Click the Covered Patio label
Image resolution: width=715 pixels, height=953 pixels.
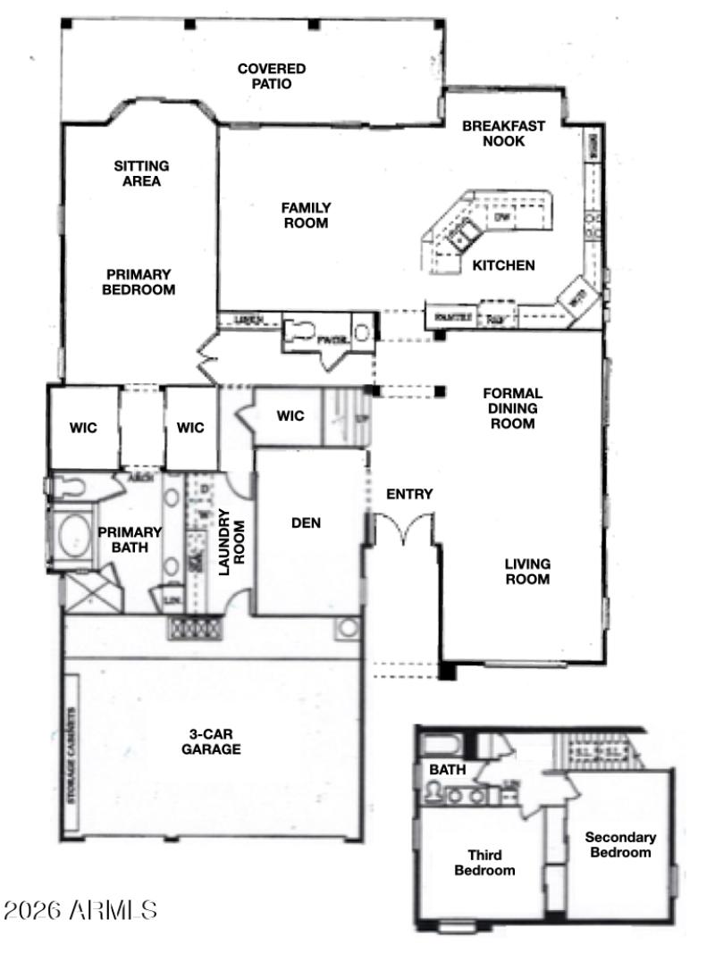271,76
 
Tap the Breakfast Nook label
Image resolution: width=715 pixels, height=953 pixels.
503,133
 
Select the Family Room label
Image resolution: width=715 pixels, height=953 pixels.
306,215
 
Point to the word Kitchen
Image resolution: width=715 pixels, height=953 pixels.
503,265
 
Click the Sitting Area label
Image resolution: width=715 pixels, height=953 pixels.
141,173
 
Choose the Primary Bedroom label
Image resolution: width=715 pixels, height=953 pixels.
139,282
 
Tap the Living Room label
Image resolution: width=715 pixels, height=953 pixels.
527,572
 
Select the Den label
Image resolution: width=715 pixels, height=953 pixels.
306,523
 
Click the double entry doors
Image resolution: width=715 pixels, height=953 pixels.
405,529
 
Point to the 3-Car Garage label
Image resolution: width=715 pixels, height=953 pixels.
211,742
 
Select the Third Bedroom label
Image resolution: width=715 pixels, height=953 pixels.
484,864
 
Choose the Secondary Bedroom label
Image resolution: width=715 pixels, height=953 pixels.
620,845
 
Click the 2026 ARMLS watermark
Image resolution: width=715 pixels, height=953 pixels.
80,910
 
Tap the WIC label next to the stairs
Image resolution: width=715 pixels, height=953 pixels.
290,416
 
